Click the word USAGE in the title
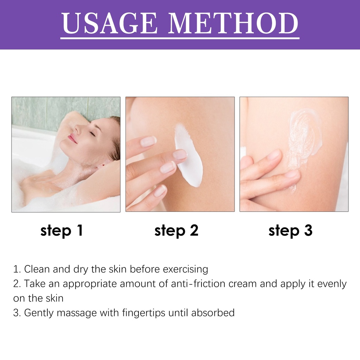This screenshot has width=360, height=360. pyautogui.click(x=110, y=23)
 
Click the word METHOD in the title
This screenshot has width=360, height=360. pyautogui.click(x=233, y=23)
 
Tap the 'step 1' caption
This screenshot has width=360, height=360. pyautogui.click(x=62, y=231)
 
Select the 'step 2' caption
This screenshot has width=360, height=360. pyautogui.click(x=176, y=231)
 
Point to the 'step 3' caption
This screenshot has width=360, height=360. pyautogui.click(x=290, y=231)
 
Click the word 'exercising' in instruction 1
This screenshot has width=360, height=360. pyautogui.click(x=186, y=269)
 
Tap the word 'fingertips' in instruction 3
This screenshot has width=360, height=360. pyautogui.click(x=143, y=313)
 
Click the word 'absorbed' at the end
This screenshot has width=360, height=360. pyautogui.click(x=213, y=313)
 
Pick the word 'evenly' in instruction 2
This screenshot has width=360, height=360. pyautogui.click(x=332, y=284)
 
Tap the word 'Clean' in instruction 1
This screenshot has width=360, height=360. pyautogui.click(x=37, y=269)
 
